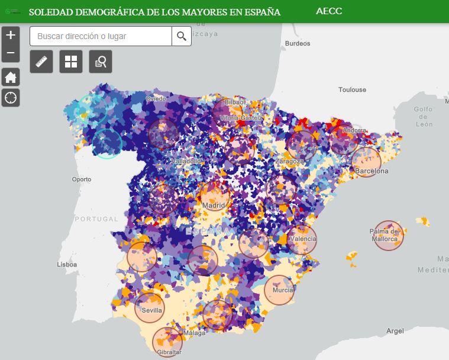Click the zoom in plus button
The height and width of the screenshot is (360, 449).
click(x=11, y=35)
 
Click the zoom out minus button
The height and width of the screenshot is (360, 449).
click(x=11, y=54)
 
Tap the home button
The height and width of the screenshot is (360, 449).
click(x=11, y=77)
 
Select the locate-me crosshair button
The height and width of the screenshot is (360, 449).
click(x=11, y=98)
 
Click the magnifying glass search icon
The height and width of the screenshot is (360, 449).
click(x=182, y=36)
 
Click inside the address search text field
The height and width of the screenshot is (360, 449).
click(x=101, y=36)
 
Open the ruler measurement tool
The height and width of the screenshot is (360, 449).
click(x=41, y=62)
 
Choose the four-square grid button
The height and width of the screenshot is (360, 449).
click(x=71, y=62)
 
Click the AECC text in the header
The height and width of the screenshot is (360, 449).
click(x=329, y=12)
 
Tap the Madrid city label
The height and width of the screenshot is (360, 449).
click(x=214, y=205)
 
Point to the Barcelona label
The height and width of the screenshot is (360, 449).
click(x=372, y=171)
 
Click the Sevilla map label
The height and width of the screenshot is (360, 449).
click(x=152, y=310)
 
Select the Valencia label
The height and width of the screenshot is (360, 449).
click(x=303, y=239)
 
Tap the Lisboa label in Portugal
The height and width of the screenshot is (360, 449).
click(x=67, y=265)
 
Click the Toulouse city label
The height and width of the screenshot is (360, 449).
click(x=352, y=90)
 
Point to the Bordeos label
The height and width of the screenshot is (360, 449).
click(x=297, y=43)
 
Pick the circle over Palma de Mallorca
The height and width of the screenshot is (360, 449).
click(x=389, y=235)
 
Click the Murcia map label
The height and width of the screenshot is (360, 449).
click(x=283, y=290)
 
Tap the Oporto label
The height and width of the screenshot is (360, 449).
click(x=82, y=179)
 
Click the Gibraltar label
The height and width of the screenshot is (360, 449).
click(x=170, y=352)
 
